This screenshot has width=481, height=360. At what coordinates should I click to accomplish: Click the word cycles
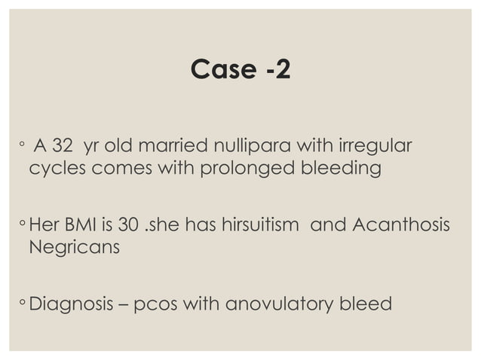click(x=57, y=168)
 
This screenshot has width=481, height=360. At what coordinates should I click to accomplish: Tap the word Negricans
click(x=74, y=246)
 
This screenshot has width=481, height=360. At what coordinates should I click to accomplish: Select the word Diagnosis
click(x=72, y=304)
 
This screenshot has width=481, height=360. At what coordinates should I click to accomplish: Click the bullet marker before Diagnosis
click(x=23, y=304)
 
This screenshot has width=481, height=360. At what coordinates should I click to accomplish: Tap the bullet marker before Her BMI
click(x=23, y=224)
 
